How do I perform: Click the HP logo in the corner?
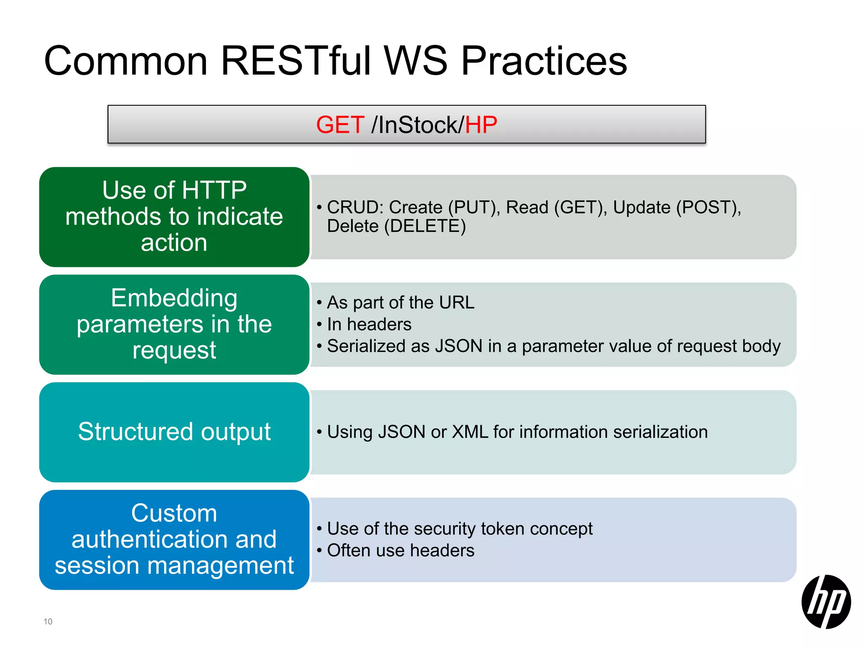click(x=826, y=602)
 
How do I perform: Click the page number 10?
click(x=48, y=621)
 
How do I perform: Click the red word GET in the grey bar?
click(x=340, y=125)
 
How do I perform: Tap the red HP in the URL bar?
click(x=481, y=125)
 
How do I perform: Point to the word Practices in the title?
click(x=544, y=61)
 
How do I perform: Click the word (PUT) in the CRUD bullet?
click(x=474, y=208)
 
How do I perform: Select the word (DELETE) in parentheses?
click(x=425, y=227)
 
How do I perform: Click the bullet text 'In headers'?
click(x=369, y=324)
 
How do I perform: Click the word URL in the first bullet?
click(x=456, y=302)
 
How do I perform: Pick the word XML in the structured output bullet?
click(x=470, y=432)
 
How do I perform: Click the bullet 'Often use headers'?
click(x=400, y=551)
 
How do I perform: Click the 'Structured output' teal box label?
click(x=174, y=432)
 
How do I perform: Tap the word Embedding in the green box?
click(x=174, y=298)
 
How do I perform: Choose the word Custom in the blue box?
click(x=174, y=513)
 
